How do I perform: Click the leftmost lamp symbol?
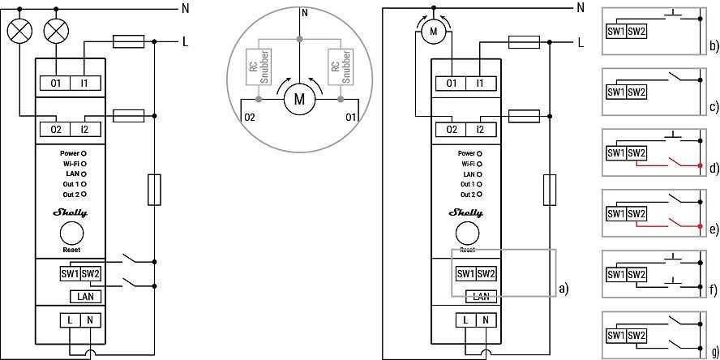[x=20, y=32]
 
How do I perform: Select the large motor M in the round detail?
[x=299, y=99]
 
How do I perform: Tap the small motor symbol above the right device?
[x=433, y=32]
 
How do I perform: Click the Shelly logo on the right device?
[x=466, y=212]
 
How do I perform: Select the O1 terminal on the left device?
[x=56, y=84]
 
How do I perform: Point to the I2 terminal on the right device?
[x=480, y=130]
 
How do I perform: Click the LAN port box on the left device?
[x=85, y=297]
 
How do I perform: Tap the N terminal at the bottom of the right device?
[x=486, y=320]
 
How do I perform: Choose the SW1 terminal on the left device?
[x=70, y=274]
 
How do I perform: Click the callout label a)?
[x=564, y=289]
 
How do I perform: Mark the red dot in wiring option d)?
[x=700, y=165]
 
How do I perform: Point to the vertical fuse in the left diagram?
[x=154, y=190]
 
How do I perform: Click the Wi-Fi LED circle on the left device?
[x=84, y=164]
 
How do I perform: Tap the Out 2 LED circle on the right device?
[x=480, y=195]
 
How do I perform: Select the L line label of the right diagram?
[x=581, y=43]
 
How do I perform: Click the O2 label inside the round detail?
[x=251, y=118]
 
